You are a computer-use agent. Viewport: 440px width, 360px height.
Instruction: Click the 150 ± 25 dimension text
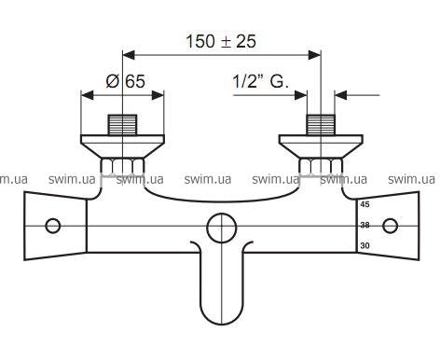(x=221, y=41)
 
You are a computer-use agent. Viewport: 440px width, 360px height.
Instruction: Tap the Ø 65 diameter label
(x=125, y=81)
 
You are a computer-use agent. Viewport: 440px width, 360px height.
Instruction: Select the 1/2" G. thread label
(x=260, y=81)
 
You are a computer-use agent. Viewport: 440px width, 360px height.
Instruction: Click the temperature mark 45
(x=364, y=204)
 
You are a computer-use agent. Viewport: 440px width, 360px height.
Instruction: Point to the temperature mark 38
(x=364, y=225)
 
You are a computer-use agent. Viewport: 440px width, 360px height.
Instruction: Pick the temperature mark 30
(x=364, y=245)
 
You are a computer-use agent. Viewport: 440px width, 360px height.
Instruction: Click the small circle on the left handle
(x=53, y=226)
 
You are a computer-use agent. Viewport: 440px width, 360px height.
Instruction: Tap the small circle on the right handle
(x=390, y=226)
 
